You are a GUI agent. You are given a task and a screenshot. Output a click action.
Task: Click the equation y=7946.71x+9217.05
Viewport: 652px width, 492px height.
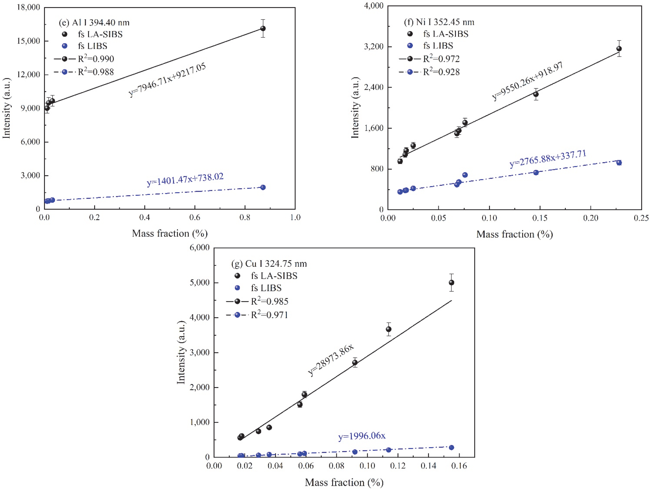tap(167, 80)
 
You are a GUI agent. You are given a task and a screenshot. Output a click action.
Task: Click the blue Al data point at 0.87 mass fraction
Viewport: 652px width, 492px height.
tap(263, 187)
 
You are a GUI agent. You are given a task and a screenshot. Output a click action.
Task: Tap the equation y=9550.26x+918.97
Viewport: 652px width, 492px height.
tap(528, 81)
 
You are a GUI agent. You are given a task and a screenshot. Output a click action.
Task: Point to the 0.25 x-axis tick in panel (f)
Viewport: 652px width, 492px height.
tap(641, 218)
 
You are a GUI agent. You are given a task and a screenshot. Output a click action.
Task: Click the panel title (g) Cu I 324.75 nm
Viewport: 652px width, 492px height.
tap(269, 264)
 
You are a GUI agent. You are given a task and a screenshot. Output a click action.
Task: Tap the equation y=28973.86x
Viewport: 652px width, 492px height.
tap(331, 360)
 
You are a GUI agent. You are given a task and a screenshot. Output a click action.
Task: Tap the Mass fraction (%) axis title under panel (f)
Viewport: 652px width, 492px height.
tap(514, 234)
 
